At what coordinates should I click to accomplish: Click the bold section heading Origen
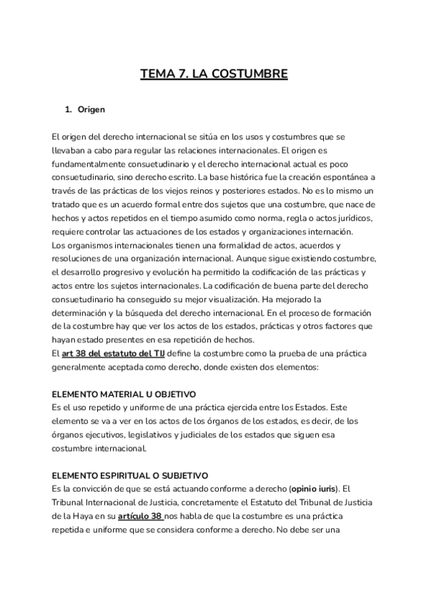pos(92,110)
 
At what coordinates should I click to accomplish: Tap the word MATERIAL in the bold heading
pos(118,394)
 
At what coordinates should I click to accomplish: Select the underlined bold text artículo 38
pos(139,516)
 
